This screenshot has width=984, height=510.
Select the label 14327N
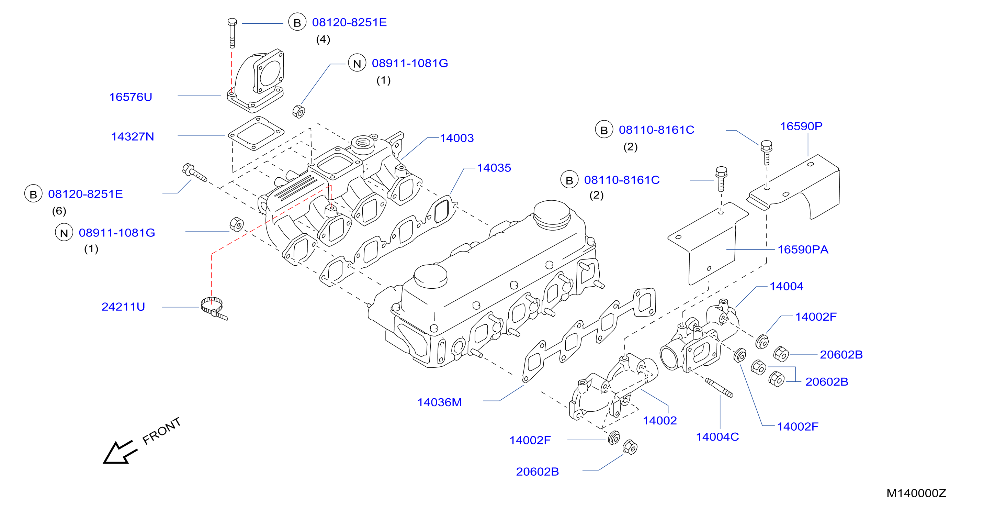[133, 137]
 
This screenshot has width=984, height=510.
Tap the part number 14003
[457, 138]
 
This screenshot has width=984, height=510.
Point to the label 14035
[494, 168]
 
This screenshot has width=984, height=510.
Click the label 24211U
[123, 307]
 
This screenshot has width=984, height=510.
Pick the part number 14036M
[440, 402]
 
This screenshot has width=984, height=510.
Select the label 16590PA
[803, 250]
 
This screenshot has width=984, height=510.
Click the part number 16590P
[801, 126]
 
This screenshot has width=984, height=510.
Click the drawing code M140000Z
[916, 494]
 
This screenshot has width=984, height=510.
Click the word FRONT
[161, 431]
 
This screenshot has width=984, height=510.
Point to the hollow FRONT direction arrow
[120, 453]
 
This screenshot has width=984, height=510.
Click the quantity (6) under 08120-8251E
[59, 211]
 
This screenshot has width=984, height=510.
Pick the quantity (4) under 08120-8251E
[323, 40]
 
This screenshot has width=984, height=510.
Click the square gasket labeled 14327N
[256, 134]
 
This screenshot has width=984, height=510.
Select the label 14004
[787, 286]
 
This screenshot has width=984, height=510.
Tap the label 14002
[660, 421]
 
